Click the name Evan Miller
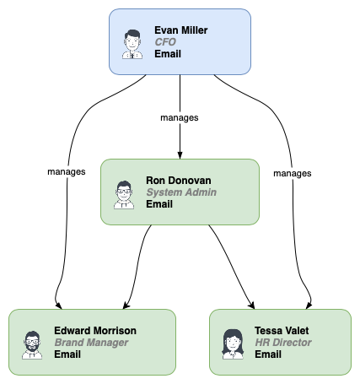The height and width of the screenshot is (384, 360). (180, 30)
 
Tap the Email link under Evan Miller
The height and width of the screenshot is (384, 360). (168, 54)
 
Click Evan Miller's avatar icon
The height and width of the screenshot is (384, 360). (132, 43)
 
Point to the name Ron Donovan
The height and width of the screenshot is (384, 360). (180, 181)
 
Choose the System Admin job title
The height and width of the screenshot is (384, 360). (180, 192)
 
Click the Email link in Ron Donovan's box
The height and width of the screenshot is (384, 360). (159, 204)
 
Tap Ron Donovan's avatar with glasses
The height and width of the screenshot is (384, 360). (124, 193)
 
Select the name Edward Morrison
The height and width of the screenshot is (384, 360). (95, 331)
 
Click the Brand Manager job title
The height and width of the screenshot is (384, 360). (91, 343)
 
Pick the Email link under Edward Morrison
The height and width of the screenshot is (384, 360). (67, 354)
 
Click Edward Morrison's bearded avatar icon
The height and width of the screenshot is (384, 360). (32, 343)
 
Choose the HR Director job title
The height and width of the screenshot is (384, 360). (283, 343)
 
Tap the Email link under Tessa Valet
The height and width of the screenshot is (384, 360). (268, 354)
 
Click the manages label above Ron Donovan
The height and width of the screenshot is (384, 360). (179, 117)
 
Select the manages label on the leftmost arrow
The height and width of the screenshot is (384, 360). (67, 171)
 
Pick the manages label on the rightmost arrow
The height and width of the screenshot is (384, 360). (293, 172)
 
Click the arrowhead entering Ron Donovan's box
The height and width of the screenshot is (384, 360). (179, 154)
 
